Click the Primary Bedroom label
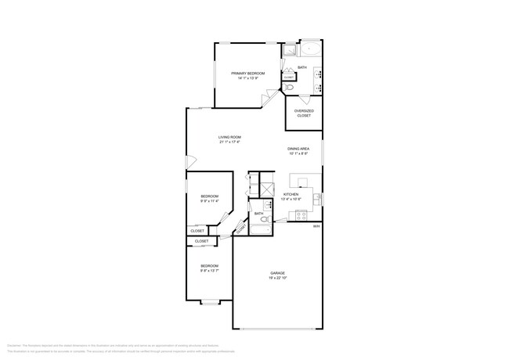[247, 73]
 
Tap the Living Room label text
[229, 137]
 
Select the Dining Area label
[298, 148]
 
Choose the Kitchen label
[291, 194]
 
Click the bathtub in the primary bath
[311, 49]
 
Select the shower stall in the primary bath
[288, 49]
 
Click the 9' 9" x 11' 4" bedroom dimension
[209, 201]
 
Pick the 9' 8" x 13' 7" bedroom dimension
[209, 270]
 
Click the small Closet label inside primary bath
[289, 77]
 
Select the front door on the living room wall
[188, 162]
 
